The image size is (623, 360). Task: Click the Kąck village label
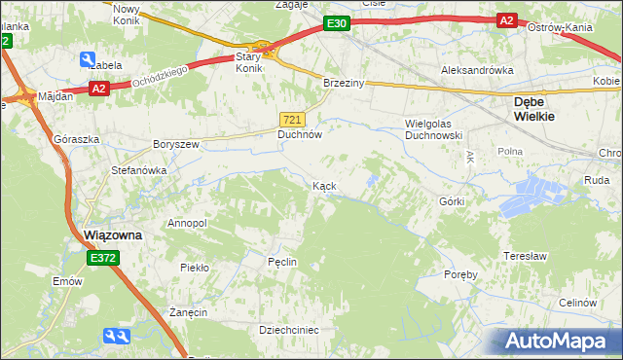pyautogui.click(x=324, y=185)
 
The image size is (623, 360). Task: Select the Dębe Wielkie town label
pyautogui.click(x=534, y=108)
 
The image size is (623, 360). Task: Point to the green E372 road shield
pyautogui.click(x=101, y=258)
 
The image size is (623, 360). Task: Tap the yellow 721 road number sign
pyautogui.click(x=297, y=119)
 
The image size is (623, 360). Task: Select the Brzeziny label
pyautogui.click(x=344, y=84)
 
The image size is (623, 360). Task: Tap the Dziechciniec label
pyautogui.click(x=289, y=330)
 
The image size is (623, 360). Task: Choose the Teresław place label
pyautogui.click(x=522, y=255)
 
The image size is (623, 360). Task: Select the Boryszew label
pyautogui.click(x=175, y=144)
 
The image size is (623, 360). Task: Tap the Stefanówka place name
pyautogui.click(x=138, y=170)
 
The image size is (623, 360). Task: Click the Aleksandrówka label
pyautogui.click(x=476, y=71)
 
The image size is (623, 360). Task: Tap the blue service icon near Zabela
pyautogui.click(x=89, y=58)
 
